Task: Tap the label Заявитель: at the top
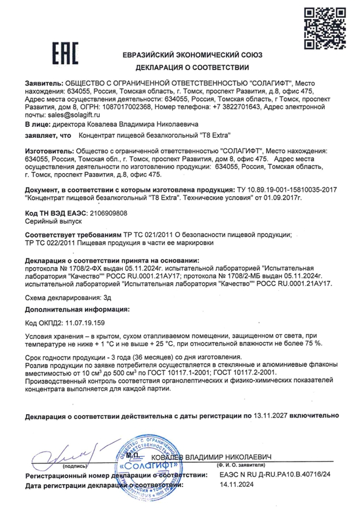44,83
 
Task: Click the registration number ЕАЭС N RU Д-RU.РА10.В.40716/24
273,474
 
